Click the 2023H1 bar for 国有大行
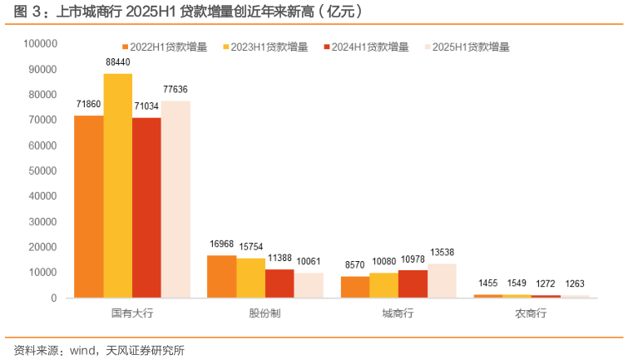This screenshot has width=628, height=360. (x=117, y=185)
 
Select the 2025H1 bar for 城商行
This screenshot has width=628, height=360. (x=442, y=280)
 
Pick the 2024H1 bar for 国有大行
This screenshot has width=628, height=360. (x=146, y=207)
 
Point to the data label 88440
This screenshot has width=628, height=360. (x=117, y=62)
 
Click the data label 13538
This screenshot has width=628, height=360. (x=442, y=253)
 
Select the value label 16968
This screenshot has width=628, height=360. (x=220, y=244)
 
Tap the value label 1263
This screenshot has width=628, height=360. (x=576, y=284)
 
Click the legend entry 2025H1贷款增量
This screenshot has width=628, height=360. (x=471, y=47)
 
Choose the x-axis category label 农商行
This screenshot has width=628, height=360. (x=531, y=313)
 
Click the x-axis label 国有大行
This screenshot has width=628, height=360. (x=131, y=313)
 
